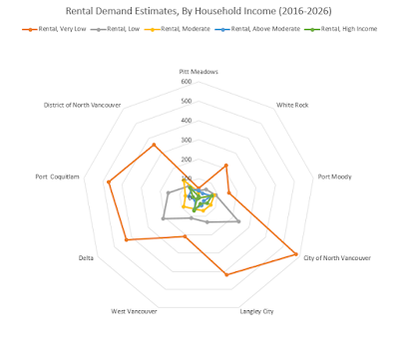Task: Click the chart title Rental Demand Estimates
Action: click(x=199, y=11)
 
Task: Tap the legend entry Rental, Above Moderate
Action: click(x=273, y=30)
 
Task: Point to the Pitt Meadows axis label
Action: click(x=199, y=72)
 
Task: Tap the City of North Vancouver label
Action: click(x=336, y=258)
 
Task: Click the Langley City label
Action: click(x=256, y=311)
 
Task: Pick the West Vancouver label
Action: click(x=135, y=311)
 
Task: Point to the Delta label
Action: click(x=87, y=258)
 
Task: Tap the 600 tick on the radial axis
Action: click(x=187, y=83)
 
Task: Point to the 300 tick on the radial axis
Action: click(x=187, y=140)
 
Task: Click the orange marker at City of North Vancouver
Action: click(x=296, y=254)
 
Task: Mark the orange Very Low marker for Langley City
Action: click(x=227, y=274)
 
